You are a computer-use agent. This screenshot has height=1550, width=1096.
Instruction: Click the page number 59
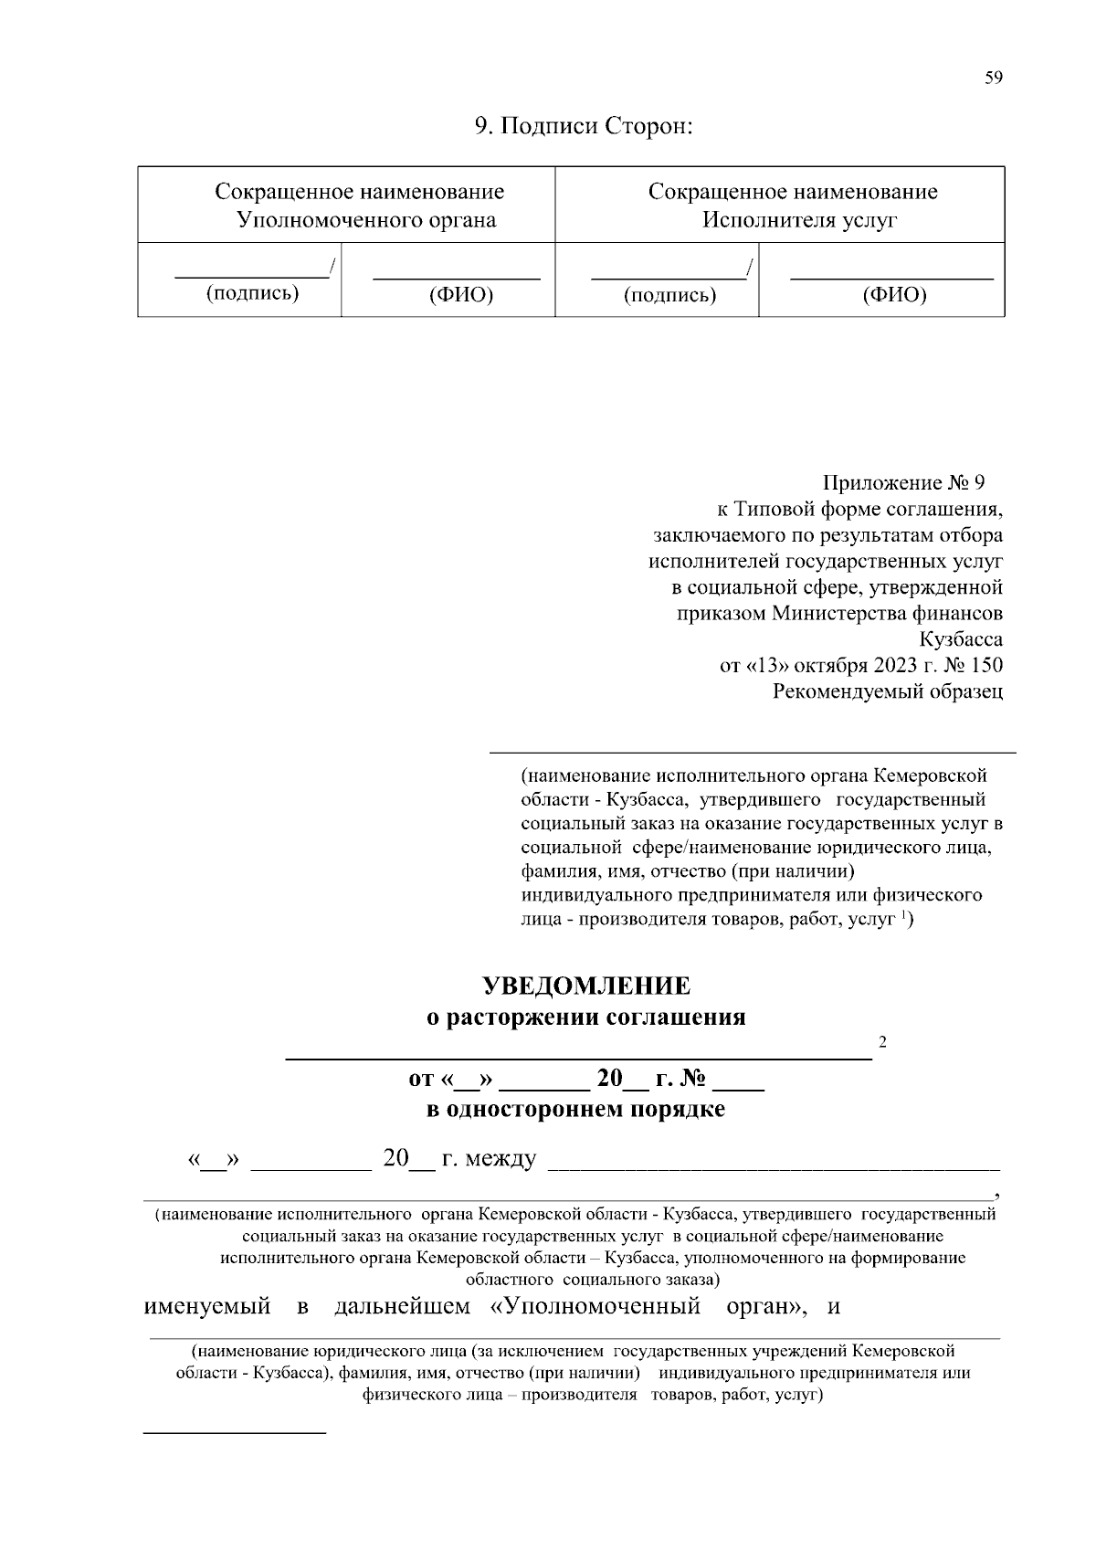coord(994,79)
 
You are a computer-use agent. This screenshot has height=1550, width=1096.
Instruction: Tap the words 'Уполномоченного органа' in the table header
coord(366,220)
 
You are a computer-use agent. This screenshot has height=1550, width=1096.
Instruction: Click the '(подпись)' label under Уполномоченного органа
coord(253,293)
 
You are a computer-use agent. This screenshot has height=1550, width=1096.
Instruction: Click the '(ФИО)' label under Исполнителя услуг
coord(894,294)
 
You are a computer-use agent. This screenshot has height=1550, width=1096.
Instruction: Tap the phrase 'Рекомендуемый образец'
coord(888,691)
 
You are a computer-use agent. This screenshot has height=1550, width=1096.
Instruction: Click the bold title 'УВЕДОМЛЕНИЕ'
coord(586,986)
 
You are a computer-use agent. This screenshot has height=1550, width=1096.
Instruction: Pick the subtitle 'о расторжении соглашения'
coord(586,1018)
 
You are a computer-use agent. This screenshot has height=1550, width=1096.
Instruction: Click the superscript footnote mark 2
coord(882,1041)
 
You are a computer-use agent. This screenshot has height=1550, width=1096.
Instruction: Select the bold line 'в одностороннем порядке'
coord(576,1110)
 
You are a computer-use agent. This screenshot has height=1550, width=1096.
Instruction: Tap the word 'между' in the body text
coord(501,1159)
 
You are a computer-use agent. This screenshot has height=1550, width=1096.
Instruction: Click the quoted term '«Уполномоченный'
coord(595,1306)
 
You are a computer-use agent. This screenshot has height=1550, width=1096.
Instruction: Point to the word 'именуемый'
coord(207,1306)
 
